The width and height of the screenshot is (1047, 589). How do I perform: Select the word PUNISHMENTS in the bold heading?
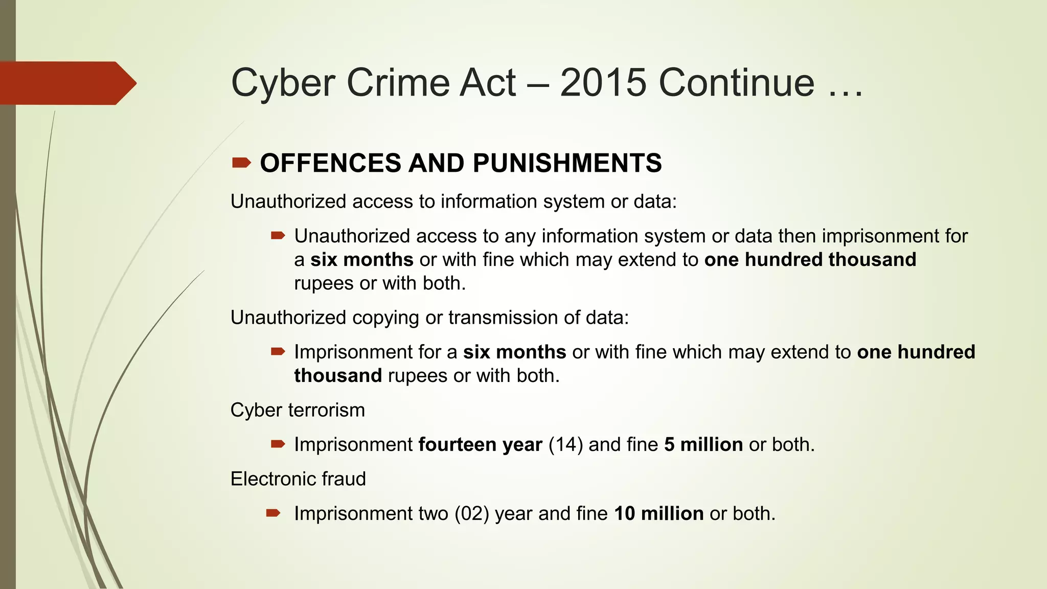tap(567, 163)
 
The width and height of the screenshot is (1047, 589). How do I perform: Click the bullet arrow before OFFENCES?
tap(241, 163)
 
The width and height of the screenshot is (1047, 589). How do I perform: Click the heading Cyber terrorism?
tap(298, 410)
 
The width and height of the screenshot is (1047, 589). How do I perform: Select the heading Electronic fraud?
tap(298, 479)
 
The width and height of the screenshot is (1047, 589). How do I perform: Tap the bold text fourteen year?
tap(480, 445)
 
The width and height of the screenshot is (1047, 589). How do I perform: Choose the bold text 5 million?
tap(703, 445)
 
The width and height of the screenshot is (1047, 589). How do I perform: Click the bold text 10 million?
tap(659, 513)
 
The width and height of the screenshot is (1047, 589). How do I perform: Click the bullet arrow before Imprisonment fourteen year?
tap(278, 444)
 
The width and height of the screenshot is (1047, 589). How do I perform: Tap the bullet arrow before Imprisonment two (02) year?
tap(274, 513)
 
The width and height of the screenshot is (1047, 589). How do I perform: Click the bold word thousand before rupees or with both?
tap(338, 376)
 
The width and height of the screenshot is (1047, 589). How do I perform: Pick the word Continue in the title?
tap(736, 82)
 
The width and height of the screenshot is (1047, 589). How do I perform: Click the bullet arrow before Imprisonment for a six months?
tap(278, 351)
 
